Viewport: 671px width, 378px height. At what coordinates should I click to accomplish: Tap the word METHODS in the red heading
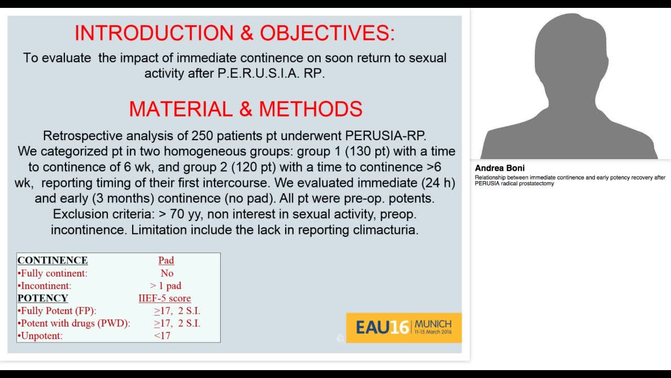coord(310,109)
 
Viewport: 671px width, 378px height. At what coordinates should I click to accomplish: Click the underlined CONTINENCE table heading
coord(52,260)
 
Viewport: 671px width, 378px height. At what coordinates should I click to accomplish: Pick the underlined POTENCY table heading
coord(43,298)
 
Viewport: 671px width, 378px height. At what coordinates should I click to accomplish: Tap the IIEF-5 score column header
coord(165,298)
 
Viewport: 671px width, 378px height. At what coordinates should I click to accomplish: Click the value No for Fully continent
coord(167,273)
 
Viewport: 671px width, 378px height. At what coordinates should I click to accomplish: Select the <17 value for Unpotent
coord(162,335)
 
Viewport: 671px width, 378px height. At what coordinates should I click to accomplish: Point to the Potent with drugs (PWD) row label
coord(74,323)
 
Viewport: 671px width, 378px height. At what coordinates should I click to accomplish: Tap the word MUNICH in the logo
coord(432,324)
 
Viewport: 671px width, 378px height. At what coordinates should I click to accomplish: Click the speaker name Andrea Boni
coord(500,169)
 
